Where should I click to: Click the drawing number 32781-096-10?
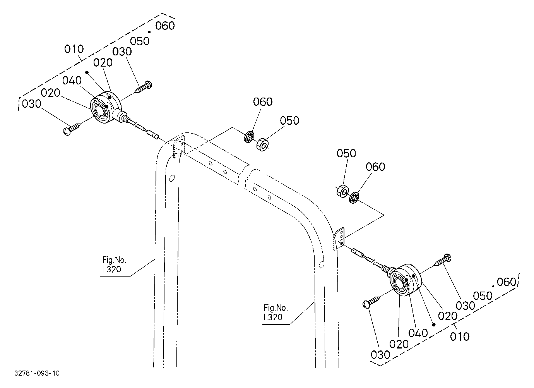coord(37,373)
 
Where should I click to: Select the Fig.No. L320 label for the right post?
coord(276,312)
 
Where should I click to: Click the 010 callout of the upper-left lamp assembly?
coord(74,49)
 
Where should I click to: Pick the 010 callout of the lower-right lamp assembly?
coord(460,337)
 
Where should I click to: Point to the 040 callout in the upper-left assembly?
coord(72,81)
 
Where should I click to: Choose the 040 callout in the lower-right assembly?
coord(418,333)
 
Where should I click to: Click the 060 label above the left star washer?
coord(263,102)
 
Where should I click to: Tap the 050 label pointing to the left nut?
coord(289,121)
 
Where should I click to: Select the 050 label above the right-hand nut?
coord(346,153)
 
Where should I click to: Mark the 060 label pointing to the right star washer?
coord(375,167)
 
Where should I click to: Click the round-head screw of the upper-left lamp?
coord(72,129)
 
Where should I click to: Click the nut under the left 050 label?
coord(262,144)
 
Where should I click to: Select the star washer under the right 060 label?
coord(354,197)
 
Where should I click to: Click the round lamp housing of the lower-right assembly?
coord(406,280)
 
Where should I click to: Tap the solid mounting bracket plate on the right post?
coord(339,239)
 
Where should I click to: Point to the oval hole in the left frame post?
coord(172,178)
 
